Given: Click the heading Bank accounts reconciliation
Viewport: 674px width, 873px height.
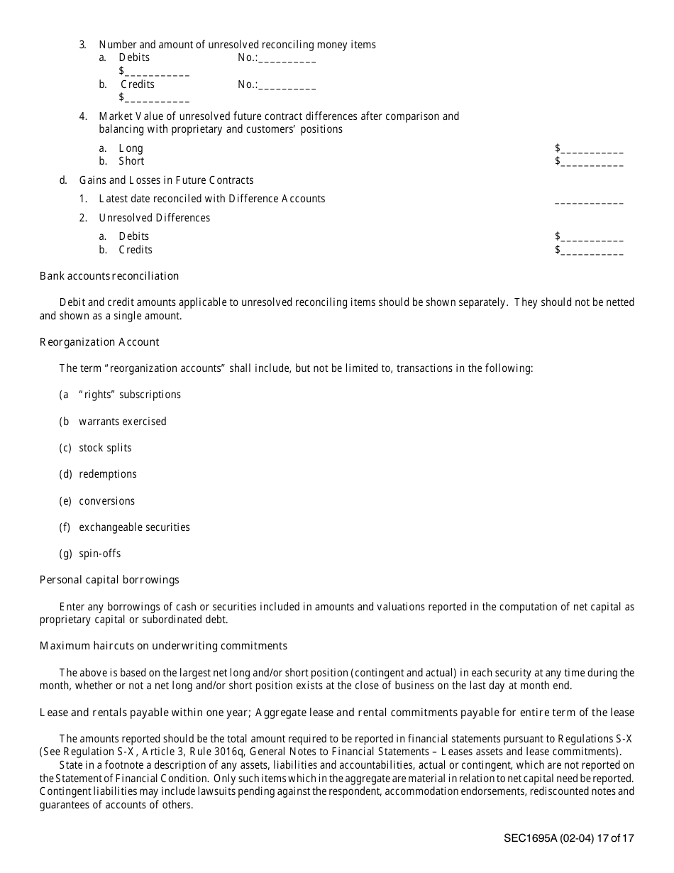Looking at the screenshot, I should coord(109,276).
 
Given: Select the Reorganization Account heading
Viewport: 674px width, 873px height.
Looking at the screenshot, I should coord(99,342).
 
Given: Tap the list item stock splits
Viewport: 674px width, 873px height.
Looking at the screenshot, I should coord(105,448).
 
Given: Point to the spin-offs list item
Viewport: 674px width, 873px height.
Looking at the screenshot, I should coord(100,554).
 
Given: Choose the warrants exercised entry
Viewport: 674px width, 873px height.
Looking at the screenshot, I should coord(123,422).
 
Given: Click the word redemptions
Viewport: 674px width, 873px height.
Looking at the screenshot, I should coord(108,474).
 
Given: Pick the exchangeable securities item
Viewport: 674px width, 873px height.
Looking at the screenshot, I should coord(134,527).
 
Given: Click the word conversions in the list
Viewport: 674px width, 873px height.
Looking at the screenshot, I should coord(106,501).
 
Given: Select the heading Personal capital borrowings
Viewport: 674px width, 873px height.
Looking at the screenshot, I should coord(109,580).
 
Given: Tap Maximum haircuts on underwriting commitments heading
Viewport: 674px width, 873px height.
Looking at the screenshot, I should coord(163,646).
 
